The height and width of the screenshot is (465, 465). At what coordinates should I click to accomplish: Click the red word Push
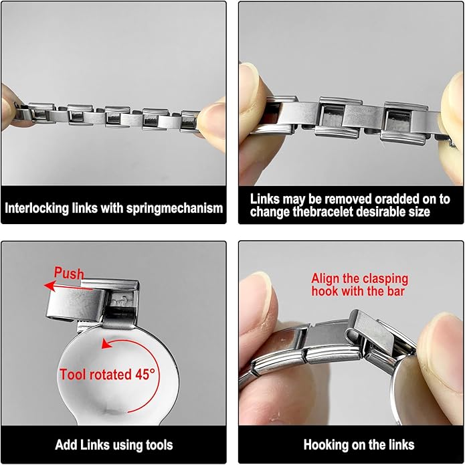tap(69, 274)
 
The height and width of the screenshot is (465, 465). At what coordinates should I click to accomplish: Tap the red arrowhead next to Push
tap(50, 286)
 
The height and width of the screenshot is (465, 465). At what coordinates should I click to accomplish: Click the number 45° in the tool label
tap(145, 374)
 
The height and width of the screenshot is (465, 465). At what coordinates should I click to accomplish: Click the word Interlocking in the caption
tap(37, 208)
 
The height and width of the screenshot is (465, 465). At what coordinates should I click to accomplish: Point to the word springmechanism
tap(175, 208)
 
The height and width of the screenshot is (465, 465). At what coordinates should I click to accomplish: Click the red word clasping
tap(385, 279)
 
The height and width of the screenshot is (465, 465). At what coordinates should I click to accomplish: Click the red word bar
tap(396, 291)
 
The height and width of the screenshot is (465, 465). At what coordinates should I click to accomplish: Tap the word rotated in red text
tap(110, 375)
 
